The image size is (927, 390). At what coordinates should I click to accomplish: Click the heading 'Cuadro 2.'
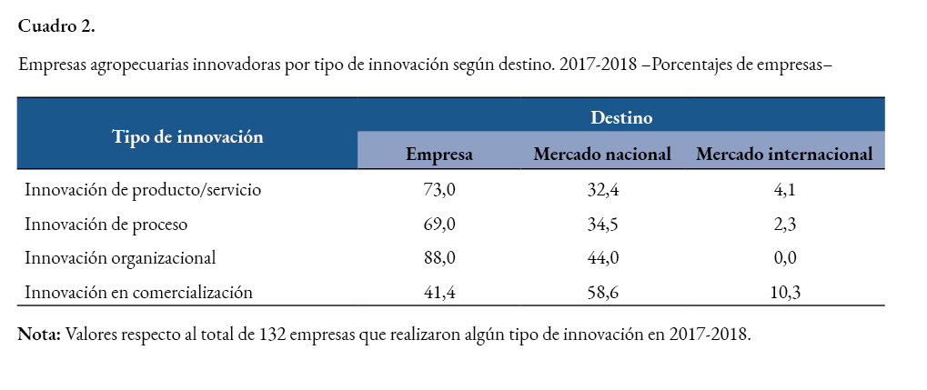(56, 26)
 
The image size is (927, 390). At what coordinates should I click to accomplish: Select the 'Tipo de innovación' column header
(187, 137)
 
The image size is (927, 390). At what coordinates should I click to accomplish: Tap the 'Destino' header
(621, 117)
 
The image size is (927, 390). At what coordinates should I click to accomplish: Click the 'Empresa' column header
(439, 155)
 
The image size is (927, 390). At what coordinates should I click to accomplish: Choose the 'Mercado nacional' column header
(602, 155)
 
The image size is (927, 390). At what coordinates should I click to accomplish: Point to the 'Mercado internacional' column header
(784, 155)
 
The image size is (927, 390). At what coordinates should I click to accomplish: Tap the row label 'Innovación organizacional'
(120, 257)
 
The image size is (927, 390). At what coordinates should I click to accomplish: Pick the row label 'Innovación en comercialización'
(138, 292)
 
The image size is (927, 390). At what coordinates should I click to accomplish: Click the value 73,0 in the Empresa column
(439, 190)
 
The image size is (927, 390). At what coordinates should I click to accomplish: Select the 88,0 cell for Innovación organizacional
(439, 257)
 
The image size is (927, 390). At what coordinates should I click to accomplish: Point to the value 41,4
(439, 292)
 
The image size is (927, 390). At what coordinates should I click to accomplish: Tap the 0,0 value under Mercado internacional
(784, 257)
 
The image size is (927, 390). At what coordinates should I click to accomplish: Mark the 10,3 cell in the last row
(784, 292)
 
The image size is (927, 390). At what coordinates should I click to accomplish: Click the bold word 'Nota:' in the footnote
(39, 334)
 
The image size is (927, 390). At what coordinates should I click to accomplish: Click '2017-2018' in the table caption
(592, 65)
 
